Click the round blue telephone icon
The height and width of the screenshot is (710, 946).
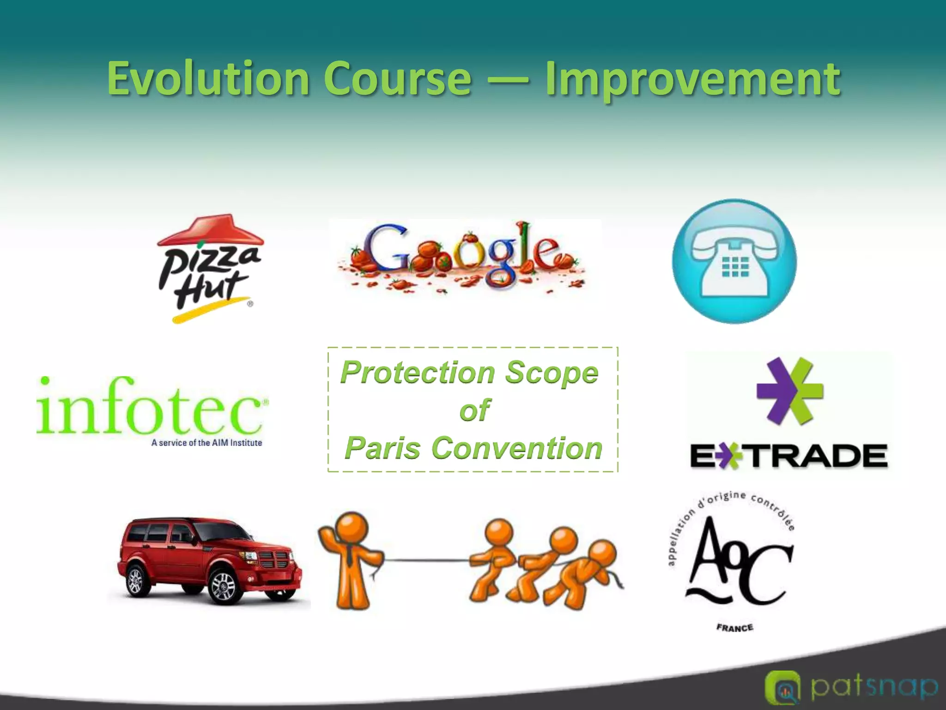coord(734,261)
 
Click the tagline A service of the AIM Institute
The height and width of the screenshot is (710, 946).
coord(206,443)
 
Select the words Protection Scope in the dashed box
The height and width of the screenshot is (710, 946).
coord(469,372)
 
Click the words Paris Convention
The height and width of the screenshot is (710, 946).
coord(473,448)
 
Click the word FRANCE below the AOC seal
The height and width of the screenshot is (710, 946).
coord(734,627)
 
